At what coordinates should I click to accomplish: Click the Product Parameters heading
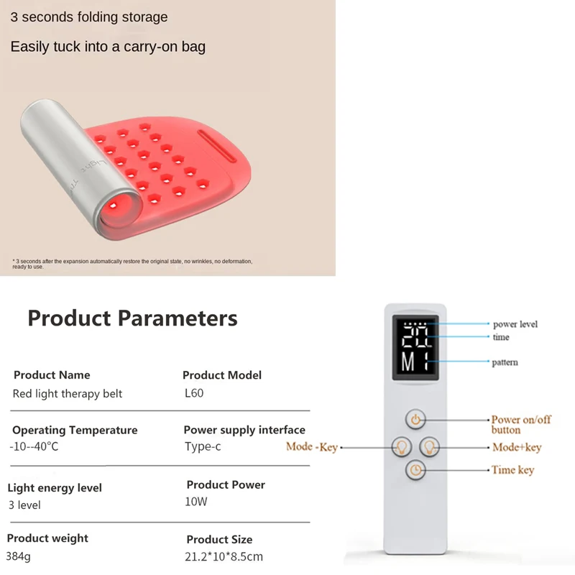[132, 317]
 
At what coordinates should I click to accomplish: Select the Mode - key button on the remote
[400, 447]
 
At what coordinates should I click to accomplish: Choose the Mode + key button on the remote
[429, 447]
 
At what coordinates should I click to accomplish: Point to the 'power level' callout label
[515, 324]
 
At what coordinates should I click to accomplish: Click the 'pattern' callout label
[505, 362]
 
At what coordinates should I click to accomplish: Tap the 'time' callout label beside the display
[501, 337]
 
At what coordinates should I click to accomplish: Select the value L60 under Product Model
[194, 394]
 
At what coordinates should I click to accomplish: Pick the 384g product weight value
[19, 556]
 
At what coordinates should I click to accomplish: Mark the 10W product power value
[196, 502]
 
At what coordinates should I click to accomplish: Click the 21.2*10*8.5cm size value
[224, 556]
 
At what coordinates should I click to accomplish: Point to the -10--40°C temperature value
[34, 447]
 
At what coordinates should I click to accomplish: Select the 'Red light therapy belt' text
[68, 394]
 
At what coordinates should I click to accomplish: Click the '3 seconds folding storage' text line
[89, 17]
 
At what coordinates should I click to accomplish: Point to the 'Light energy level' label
[55, 487]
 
